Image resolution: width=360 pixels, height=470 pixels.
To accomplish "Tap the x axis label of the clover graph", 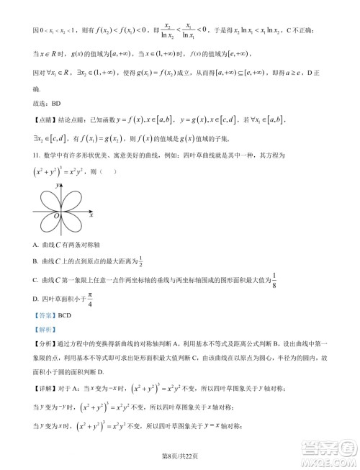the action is coord(91,214).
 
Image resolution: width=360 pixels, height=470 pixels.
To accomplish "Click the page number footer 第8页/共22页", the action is coord(180,455).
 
